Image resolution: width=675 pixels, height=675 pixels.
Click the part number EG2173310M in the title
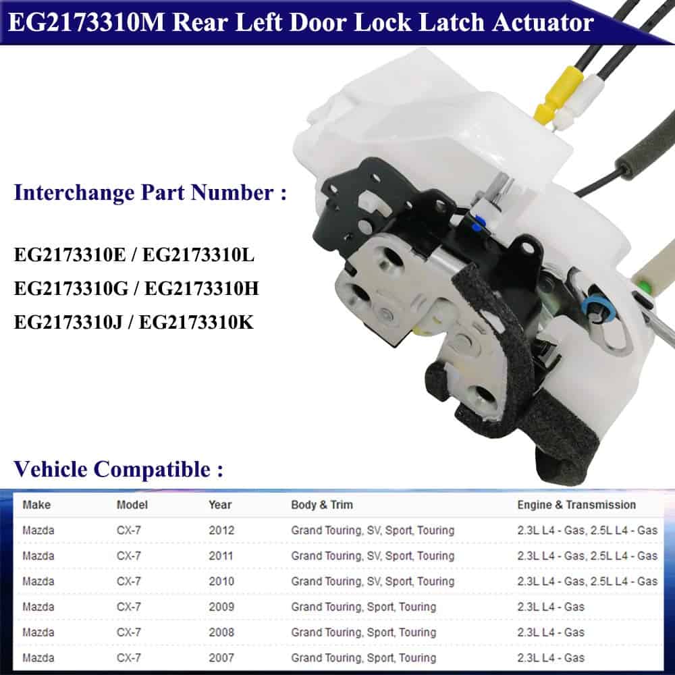click(86, 22)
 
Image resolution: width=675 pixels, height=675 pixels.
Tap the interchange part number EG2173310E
click(70, 254)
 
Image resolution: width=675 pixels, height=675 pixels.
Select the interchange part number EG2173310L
click(198, 254)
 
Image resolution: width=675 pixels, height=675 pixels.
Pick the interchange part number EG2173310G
click(71, 288)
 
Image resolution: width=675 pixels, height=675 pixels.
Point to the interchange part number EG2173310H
click(202, 288)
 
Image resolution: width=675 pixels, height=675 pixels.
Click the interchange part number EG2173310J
click(68, 322)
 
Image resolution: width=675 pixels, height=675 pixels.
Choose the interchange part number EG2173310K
click(196, 322)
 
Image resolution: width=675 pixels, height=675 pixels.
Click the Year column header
click(220, 504)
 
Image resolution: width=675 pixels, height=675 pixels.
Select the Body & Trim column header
click(322, 504)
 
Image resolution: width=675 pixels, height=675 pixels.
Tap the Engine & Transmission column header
click(576, 504)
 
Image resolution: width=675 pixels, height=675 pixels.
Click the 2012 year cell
click(221, 530)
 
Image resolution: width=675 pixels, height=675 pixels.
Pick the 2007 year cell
click(221, 657)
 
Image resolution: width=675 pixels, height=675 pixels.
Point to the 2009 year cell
click(221, 607)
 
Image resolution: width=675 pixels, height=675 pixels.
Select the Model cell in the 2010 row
click(129, 581)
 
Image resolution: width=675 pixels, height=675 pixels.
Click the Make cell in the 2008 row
click(38, 632)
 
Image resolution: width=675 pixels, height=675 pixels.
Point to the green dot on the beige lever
click(644, 286)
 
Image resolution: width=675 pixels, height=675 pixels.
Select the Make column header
click(36, 504)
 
